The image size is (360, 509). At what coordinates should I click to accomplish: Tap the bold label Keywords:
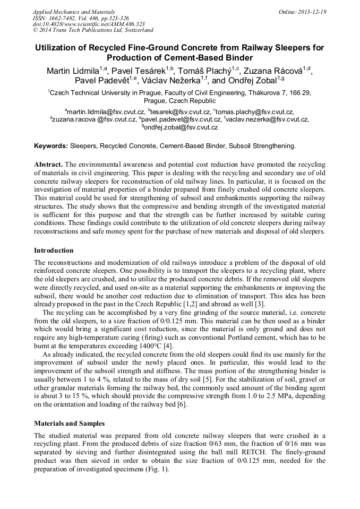tap(51, 145)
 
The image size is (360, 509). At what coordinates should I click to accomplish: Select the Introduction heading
tap(54, 250)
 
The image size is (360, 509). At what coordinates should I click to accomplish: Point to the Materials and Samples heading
tap(69, 424)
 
